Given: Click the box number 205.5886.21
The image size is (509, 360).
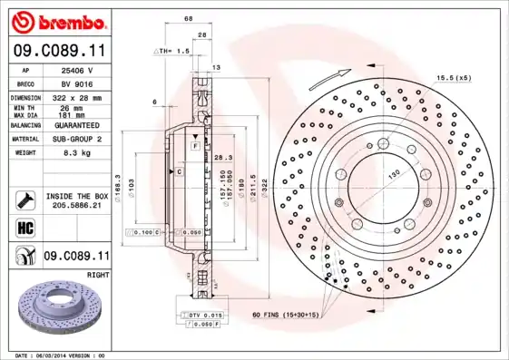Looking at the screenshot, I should coord(76,206).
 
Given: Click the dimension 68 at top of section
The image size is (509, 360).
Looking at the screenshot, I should coord(189,18).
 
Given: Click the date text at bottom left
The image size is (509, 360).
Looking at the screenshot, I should coord(62,355).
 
